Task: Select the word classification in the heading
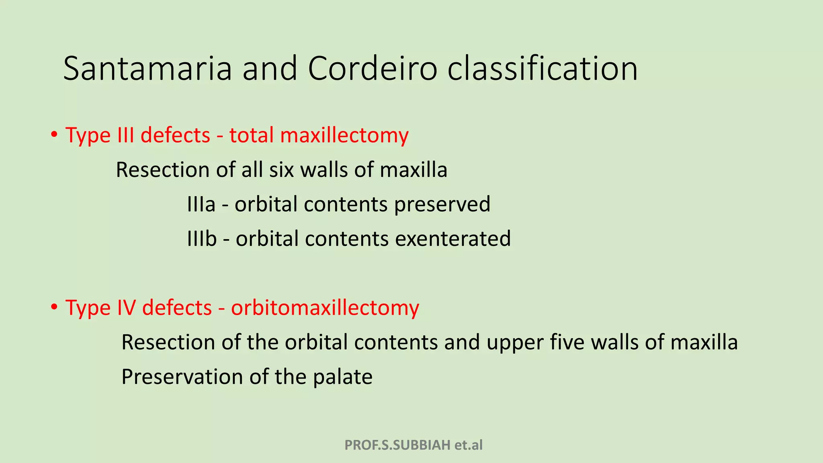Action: (x=543, y=69)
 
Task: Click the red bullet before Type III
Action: (x=54, y=135)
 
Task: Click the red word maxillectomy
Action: (x=344, y=135)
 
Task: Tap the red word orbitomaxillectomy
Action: (x=325, y=308)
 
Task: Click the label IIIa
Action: (x=201, y=204)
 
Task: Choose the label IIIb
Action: (x=202, y=239)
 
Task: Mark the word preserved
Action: (x=442, y=204)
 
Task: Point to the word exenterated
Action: (x=453, y=239)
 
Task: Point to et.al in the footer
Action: (x=469, y=445)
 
